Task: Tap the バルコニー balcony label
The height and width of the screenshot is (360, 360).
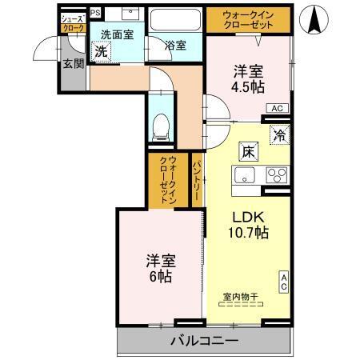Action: [203, 342]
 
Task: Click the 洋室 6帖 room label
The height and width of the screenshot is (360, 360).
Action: [160, 269]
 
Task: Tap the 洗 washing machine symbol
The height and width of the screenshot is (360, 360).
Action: [101, 51]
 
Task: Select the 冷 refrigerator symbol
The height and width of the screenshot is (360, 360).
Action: [280, 135]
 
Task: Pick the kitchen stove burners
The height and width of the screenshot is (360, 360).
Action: [277, 175]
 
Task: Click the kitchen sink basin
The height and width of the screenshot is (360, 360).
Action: [243, 175]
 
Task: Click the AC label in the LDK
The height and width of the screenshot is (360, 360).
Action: [284, 282]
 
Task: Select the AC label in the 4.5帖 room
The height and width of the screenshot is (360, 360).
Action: [276, 108]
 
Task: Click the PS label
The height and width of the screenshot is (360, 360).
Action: [95, 13]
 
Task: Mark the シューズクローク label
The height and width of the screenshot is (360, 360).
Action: [73, 22]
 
